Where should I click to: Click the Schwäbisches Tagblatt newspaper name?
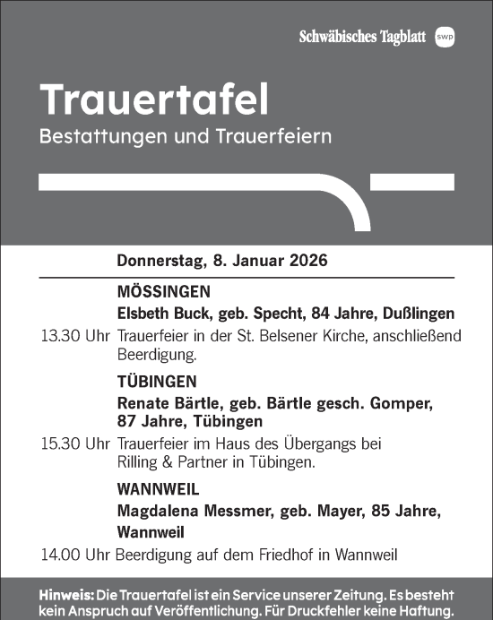[363, 36]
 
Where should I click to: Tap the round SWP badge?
[445, 36]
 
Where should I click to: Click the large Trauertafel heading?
[154, 100]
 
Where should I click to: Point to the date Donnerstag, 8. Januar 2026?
[222, 263]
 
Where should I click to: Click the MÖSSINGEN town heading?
[164, 292]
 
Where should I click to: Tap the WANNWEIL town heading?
[158, 490]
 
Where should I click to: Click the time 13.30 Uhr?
[75, 338]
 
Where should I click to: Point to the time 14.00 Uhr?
[75, 555]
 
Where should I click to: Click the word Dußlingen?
[418, 314]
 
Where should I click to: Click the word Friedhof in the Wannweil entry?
[276, 555]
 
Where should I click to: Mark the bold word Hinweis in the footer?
[67, 595]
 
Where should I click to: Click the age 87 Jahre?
[150, 421]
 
